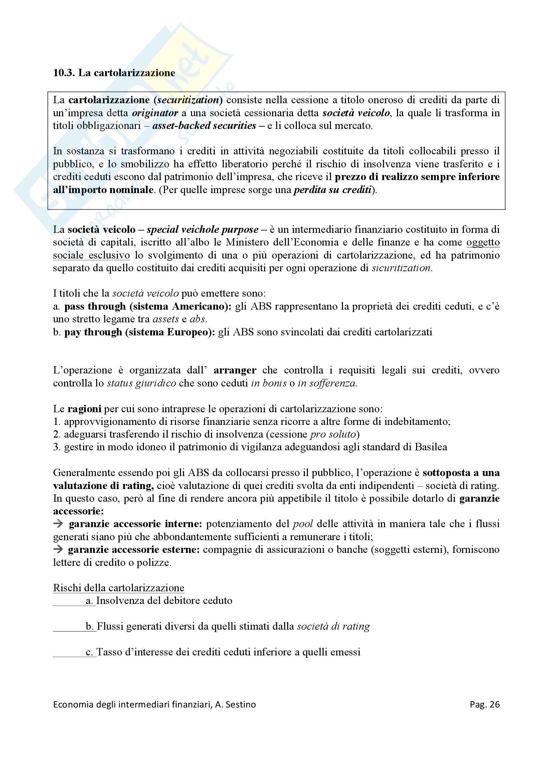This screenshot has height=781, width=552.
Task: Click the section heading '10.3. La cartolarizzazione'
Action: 114,73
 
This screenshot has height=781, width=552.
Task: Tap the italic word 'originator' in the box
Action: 155,113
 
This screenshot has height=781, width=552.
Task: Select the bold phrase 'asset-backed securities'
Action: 204,126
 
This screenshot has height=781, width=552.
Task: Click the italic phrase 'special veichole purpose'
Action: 202,229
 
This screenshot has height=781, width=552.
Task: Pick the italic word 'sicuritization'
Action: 401,268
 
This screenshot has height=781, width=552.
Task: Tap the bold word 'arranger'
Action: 235,370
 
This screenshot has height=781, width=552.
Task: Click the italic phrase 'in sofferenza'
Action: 327,383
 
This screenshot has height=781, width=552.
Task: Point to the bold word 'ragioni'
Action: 84,409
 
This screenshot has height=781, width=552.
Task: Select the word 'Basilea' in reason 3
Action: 430,447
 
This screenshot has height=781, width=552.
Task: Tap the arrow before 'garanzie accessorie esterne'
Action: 58,550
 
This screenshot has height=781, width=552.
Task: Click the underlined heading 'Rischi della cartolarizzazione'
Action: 118,588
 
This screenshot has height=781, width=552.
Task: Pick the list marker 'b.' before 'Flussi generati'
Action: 90,626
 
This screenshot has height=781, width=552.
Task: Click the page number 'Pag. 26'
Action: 484,705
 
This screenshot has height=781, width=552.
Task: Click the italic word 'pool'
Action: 302,524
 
